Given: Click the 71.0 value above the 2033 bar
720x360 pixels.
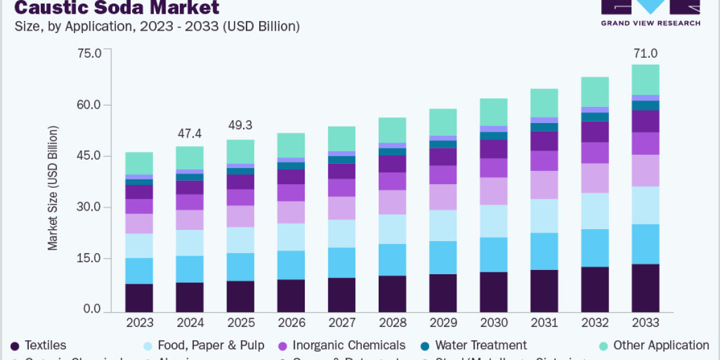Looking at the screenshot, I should click(x=645, y=54).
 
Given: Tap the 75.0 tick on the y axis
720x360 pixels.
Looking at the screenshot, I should click(x=90, y=53).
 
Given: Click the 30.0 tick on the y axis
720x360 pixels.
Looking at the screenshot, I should click(x=90, y=208).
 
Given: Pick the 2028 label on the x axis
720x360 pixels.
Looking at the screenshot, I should click(x=392, y=323).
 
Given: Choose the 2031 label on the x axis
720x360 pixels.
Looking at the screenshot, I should click(x=544, y=323).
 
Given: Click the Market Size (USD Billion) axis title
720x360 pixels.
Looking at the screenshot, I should click(x=53, y=188).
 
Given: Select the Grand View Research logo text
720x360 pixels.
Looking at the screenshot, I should click(x=651, y=23).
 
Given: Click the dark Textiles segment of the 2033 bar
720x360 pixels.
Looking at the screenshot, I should click(x=645, y=288).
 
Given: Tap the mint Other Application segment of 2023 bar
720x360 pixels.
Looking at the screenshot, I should click(x=139, y=163).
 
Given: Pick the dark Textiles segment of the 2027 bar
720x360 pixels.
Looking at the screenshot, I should click(x=342, y=295).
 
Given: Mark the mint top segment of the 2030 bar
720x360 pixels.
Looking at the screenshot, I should click(x=494, y=112).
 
